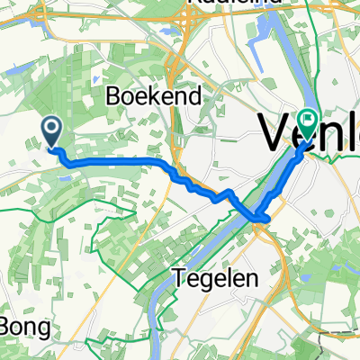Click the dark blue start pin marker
pyautogui.click(x=52, y=133)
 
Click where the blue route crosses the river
pyautogui.click(x=261, y=217)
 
